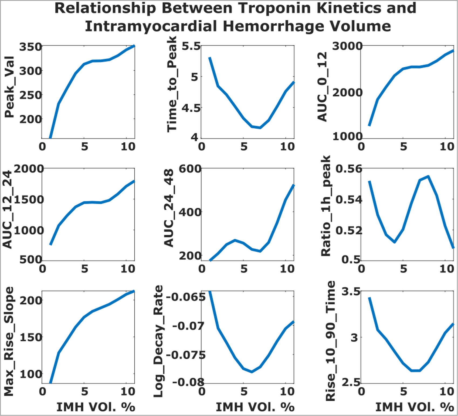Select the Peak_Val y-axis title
9,87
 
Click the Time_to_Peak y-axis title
172,84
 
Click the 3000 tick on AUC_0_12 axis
347,46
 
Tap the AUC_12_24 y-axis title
8,209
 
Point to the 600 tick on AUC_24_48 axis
190,169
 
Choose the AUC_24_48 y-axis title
169,208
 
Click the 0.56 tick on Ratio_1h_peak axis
349,169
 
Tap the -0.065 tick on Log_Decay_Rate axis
186,297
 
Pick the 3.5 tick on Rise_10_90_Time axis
351,292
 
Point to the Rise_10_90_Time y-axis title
331,341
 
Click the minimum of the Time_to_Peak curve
260,128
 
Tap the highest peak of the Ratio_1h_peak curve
428,176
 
